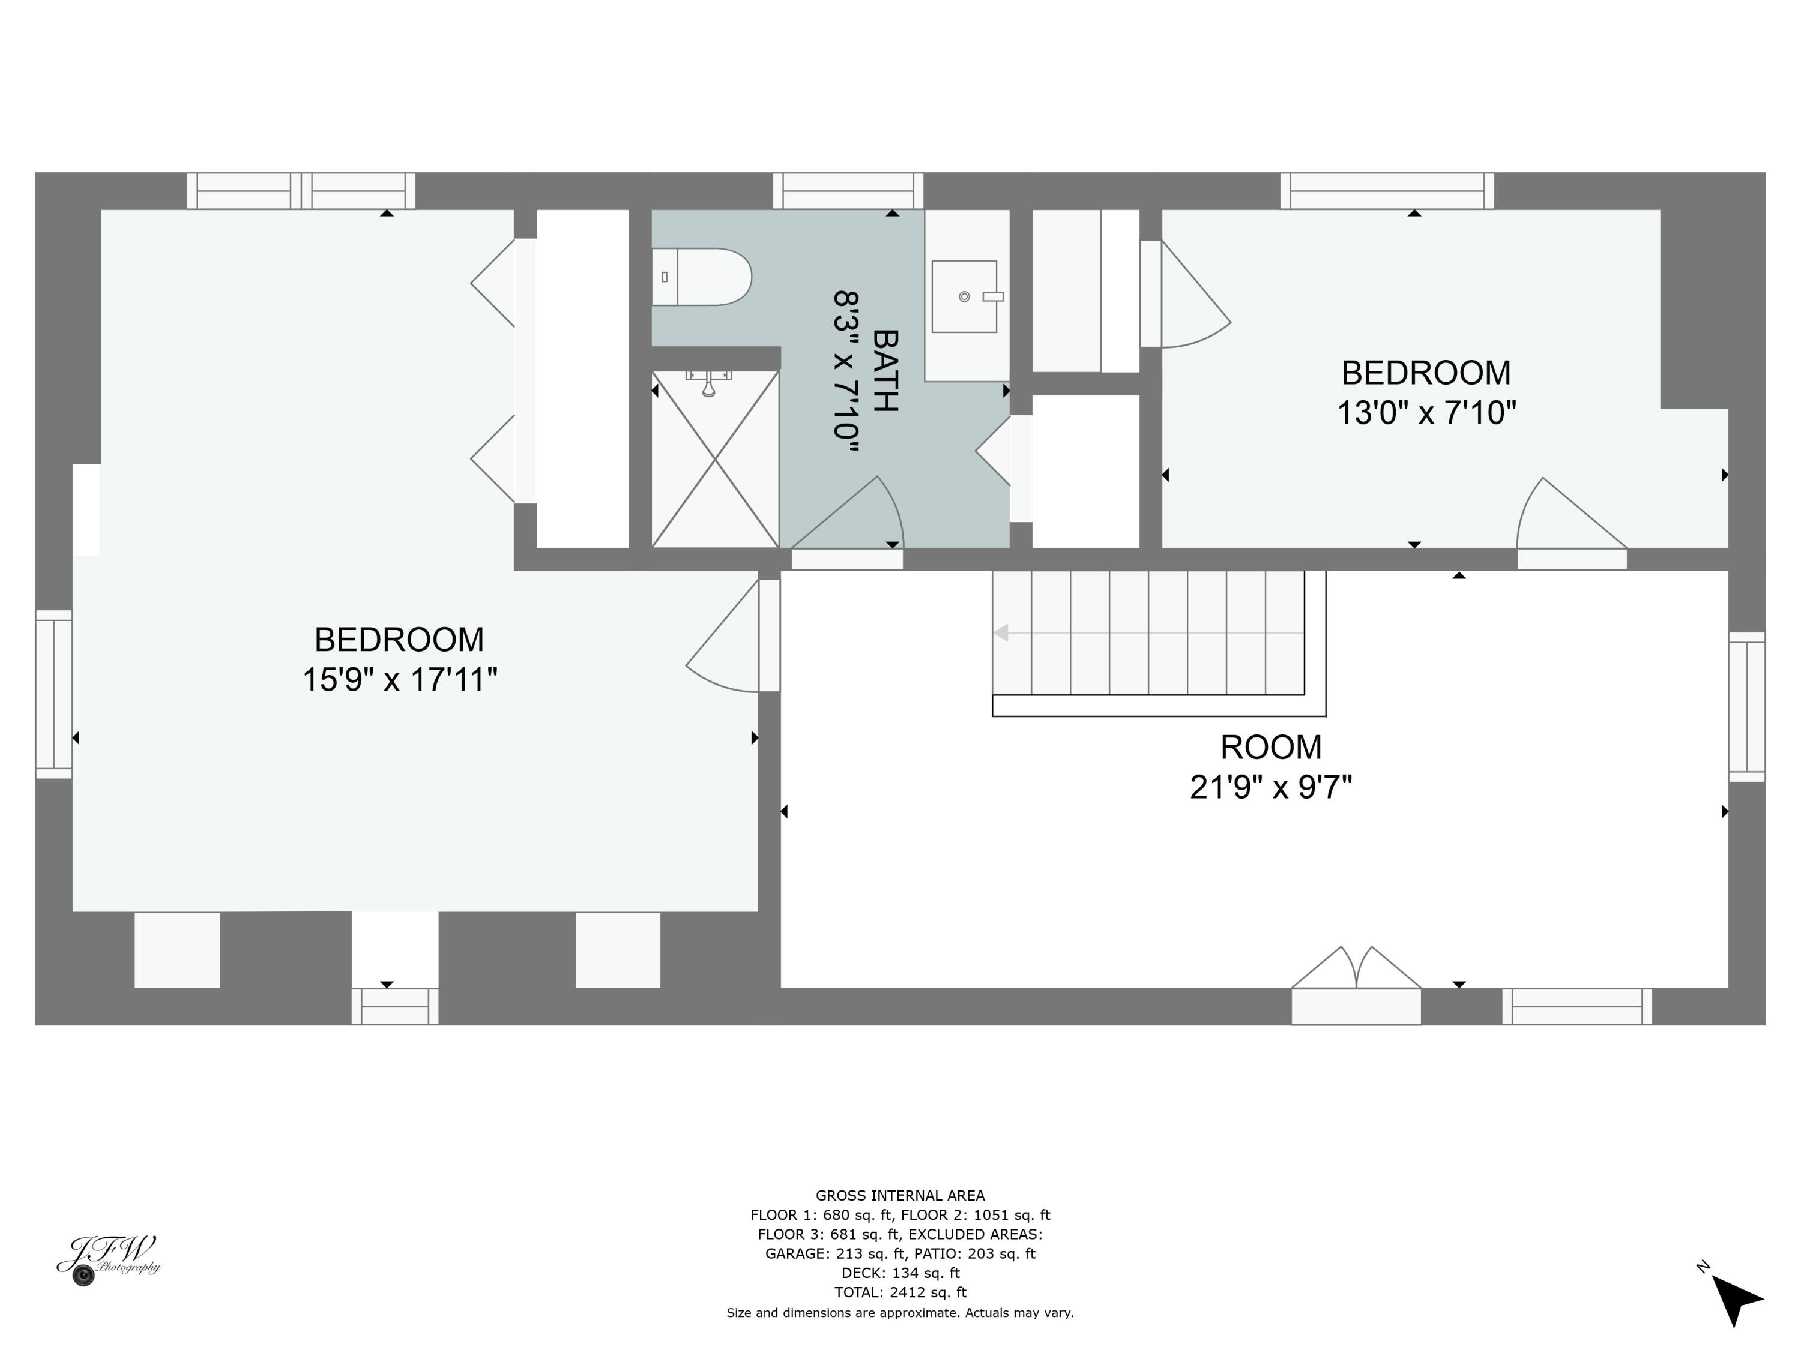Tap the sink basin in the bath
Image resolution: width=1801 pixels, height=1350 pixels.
[964, 296]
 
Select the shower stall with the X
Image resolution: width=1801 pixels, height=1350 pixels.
[715, 460]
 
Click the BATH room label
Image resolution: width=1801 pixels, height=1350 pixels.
[885, 370]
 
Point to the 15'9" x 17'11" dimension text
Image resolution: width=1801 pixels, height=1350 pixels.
[399, 679]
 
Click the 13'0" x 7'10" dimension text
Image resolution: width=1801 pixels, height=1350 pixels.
[1426, 413]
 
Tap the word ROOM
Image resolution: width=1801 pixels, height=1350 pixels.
[1270, 747]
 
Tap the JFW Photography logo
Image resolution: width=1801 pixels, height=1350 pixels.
[107, 1259]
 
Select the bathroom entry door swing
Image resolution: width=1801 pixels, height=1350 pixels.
[851, 517]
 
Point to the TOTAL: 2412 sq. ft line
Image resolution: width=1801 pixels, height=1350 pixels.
[900, 1292]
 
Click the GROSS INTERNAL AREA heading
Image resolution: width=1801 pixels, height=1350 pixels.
[900, 1195]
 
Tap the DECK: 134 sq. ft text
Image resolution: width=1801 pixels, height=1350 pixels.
[900, 1273]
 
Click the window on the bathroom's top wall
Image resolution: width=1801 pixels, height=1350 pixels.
[848, 191]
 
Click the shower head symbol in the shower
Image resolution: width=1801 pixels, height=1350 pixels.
[708, 384]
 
